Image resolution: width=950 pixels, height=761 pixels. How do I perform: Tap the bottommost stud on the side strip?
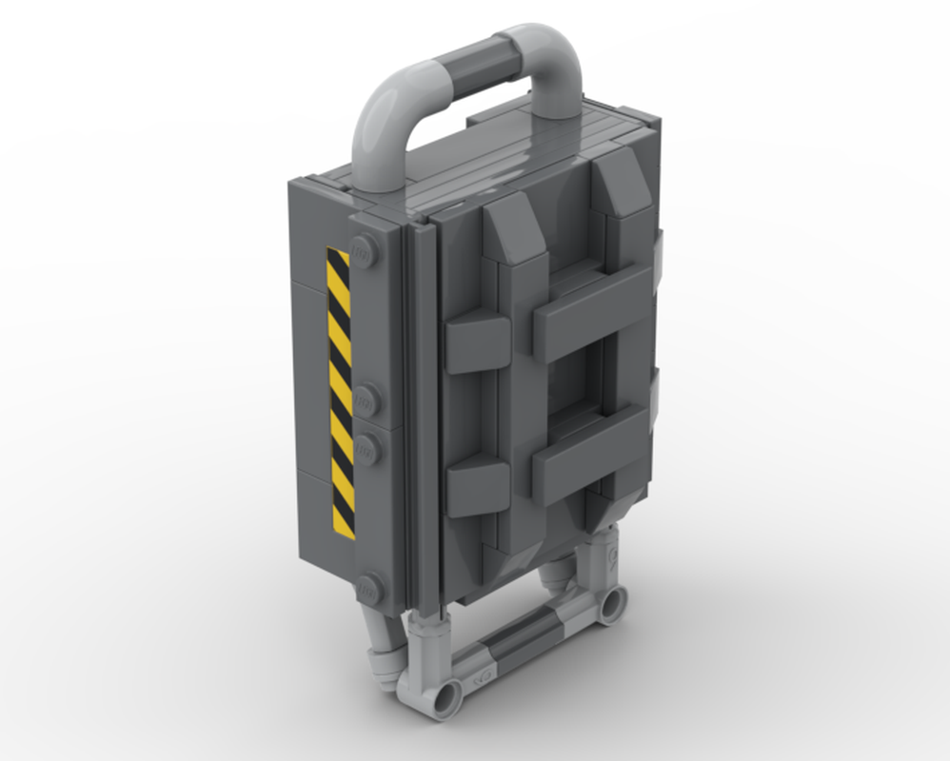[367, 589]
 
